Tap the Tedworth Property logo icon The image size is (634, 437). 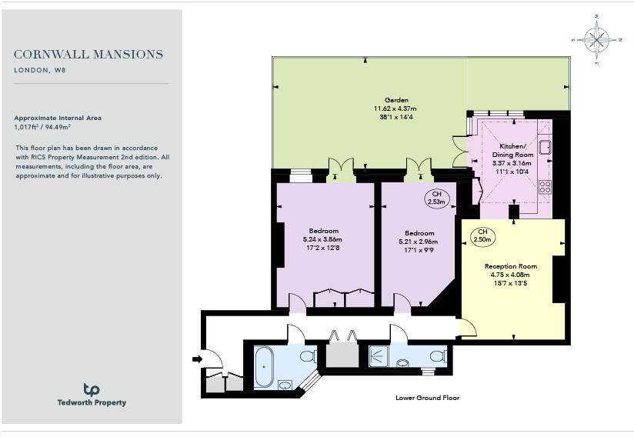92,390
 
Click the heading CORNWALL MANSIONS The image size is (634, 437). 88,55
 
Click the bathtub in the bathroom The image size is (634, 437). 265,365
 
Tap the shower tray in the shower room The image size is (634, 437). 379,355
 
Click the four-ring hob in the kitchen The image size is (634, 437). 545,185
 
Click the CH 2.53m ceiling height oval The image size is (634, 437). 437,198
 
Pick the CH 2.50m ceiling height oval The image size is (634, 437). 482,236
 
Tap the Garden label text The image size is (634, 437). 397,100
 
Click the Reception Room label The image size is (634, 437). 510,266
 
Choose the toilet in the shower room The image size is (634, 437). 437,355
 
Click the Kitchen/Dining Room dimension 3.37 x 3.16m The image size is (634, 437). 510,163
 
